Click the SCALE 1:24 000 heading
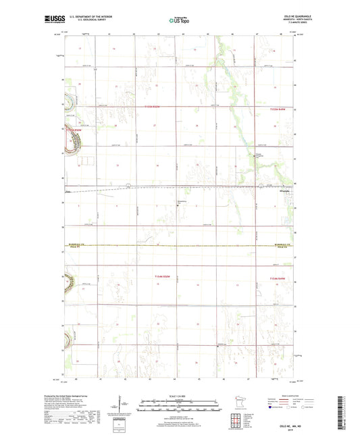point(180,396)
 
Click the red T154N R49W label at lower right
point(279,278)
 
